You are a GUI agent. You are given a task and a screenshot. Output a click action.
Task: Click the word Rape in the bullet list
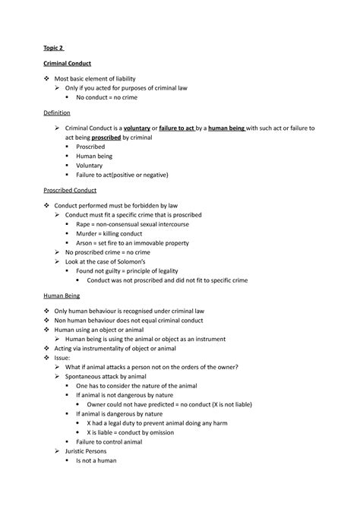[x=84, y=225]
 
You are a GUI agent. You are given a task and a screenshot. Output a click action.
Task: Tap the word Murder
[x=88, y=234]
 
